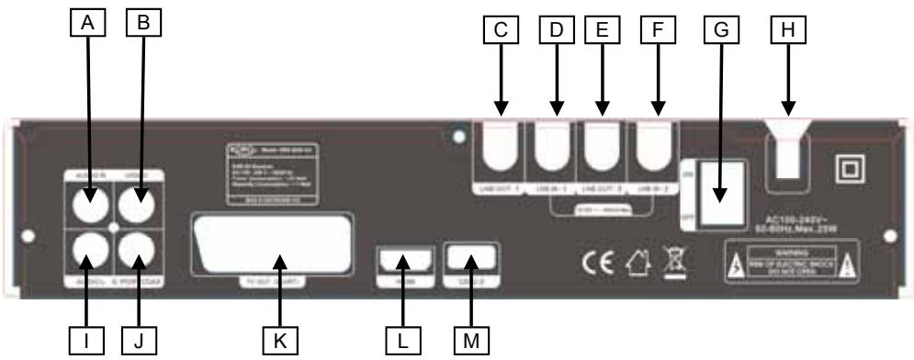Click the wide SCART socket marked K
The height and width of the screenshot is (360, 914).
point(272,242)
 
